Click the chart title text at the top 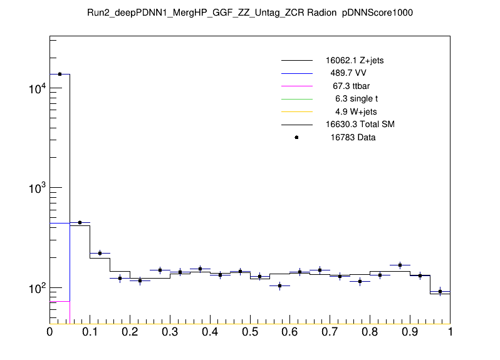(250, 13)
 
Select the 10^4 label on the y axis (36, 89)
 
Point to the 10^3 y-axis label (36, 188)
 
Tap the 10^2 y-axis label (36, 288)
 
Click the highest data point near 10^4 (60, 74)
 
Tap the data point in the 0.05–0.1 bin (80, 222)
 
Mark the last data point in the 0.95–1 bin (440, 291)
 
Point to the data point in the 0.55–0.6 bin (280, 286)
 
